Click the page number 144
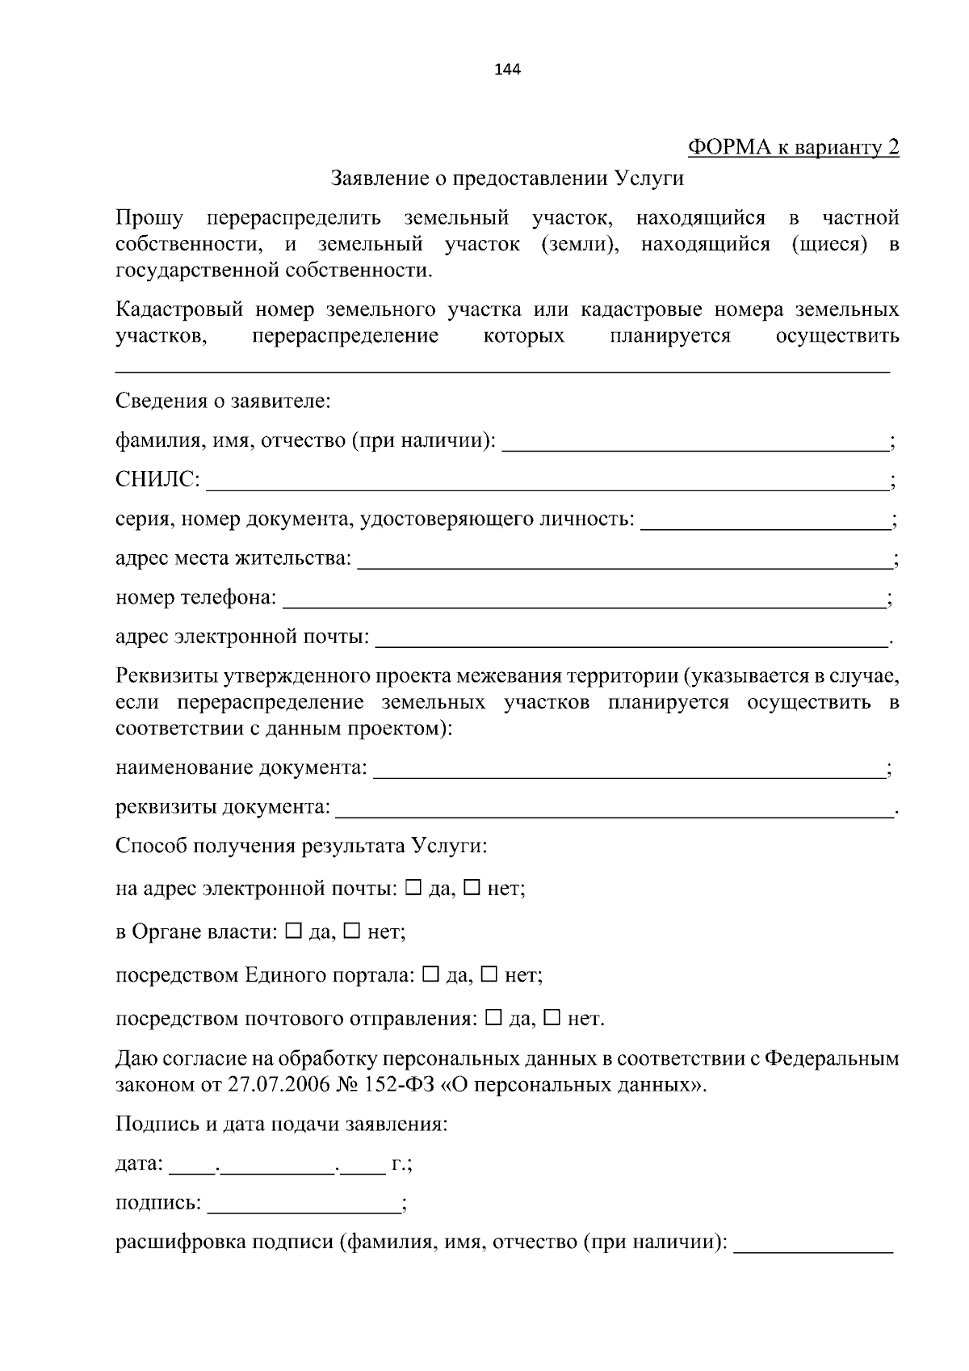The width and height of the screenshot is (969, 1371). point(507,69)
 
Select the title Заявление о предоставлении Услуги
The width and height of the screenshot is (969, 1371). point(507,179)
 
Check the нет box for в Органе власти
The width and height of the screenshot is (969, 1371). point(352,931)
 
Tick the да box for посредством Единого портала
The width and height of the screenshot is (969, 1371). point(430,974)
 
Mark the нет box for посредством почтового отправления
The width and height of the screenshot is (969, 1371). point(552,1018)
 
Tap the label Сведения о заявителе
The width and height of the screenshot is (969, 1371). point(223,401)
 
